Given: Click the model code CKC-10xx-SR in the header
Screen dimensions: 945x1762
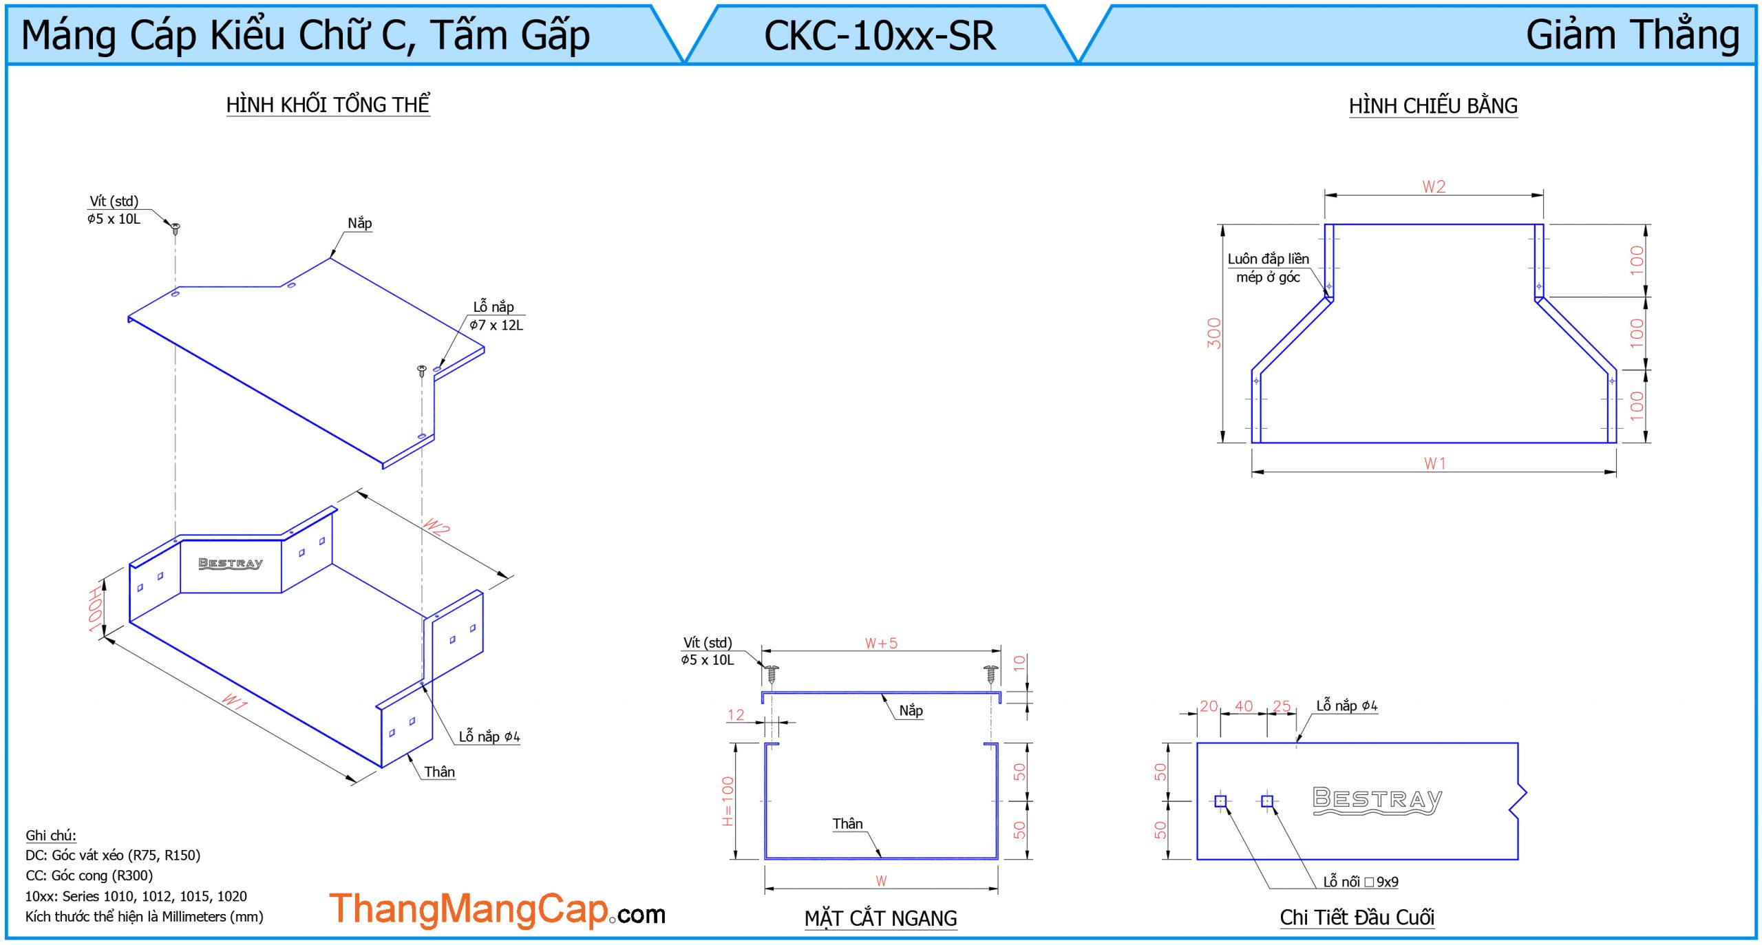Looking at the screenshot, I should (879, 36).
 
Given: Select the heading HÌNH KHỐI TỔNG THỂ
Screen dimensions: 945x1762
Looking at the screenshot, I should (328, 105).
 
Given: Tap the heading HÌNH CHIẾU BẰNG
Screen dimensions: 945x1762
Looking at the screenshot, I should (1433, 106).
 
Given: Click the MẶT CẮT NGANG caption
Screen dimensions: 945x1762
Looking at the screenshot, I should (880, 918).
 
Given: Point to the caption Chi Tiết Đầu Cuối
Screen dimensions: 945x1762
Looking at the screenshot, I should (1357, 917).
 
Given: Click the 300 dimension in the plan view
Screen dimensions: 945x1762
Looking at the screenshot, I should (1214, 333).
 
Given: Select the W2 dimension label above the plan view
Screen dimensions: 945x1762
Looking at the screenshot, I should (1434, 187).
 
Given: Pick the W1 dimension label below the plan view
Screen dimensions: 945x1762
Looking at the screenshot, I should (1435, 464).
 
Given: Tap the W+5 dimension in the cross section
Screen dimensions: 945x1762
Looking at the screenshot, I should (881, 644).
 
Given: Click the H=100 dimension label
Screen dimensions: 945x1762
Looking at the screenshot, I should (728, 801).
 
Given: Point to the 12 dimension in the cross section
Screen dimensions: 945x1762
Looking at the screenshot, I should (736, 715).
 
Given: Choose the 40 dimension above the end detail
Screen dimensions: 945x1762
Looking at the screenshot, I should (1244, 706).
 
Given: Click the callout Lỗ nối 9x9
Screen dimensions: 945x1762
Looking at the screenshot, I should (1360, 882).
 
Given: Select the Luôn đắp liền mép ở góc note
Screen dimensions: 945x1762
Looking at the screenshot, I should (1268, 268).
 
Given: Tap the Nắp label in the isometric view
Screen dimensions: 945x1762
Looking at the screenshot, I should (359, 223).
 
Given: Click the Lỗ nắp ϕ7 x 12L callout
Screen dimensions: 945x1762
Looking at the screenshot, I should (496, 316).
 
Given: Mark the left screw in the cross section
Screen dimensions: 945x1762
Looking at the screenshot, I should (772, 673).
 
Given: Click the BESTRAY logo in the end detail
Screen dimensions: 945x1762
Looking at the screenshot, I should (1377, 800).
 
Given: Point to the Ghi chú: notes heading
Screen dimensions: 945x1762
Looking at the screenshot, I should (51, 836).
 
